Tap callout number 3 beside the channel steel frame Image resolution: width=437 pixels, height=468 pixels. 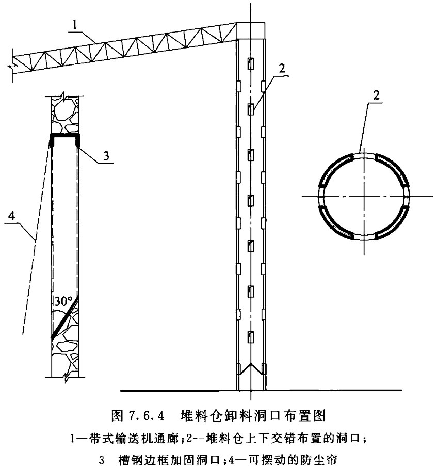106,156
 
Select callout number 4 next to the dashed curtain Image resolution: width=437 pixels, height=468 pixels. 12,216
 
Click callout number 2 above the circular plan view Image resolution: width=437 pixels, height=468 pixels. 377,95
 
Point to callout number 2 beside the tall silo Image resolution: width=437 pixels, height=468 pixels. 282,69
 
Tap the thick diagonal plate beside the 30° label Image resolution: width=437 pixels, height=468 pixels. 65,318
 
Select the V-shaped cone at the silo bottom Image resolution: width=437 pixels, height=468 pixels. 251,369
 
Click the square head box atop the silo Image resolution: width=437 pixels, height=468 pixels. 251,31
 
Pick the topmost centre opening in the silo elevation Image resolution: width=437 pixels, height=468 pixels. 251,63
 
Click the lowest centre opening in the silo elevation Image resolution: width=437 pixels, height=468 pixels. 251,337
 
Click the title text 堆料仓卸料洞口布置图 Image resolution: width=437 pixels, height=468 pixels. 253,415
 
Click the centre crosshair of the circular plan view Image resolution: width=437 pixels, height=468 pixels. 364,197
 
